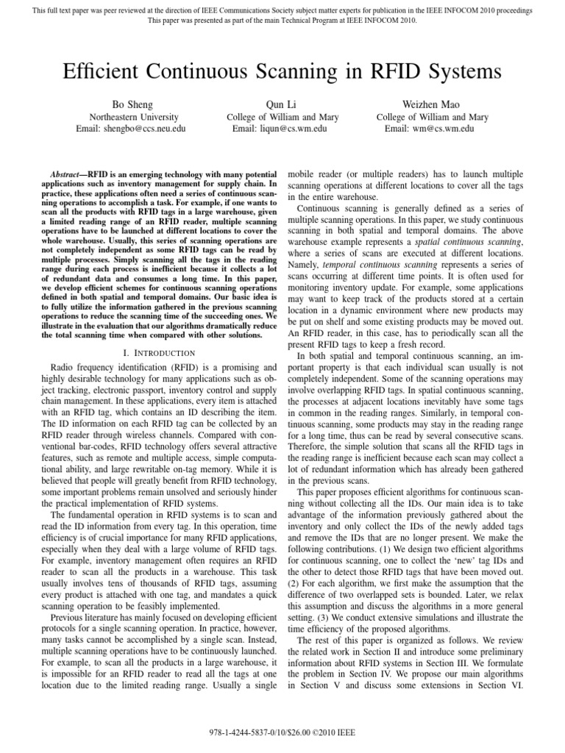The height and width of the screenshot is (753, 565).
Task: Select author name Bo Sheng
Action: tap(130, 104)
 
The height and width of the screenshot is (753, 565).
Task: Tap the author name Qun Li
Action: tap(281, 104)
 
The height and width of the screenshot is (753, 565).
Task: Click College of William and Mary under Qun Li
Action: tap(281, 117)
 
